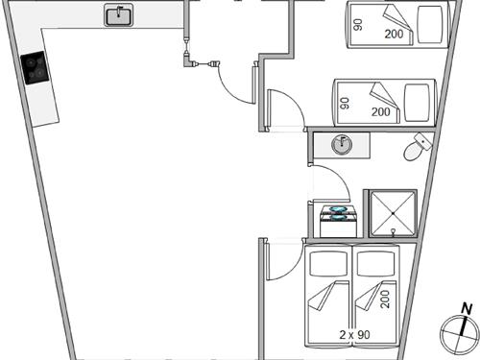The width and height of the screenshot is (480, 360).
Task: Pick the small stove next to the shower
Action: tap(340, 214)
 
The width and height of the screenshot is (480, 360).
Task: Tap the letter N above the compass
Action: tap(466, 307)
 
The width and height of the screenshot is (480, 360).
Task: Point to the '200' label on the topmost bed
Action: tap(394, 33)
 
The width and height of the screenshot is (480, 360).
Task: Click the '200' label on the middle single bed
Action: tap(381, 111)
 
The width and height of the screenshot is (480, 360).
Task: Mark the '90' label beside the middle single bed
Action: tap(345, 102)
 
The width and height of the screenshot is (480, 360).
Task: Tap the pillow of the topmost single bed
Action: tap(429, 21)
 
